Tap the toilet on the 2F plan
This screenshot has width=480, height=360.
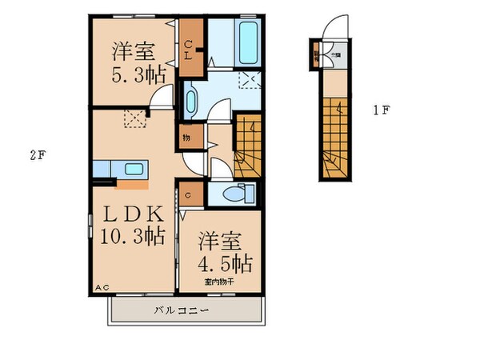coord(236,194)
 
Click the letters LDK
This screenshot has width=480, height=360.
coord(132,214)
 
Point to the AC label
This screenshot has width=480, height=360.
coord(102,287)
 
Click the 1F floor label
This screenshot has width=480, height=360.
coord(380,110)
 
